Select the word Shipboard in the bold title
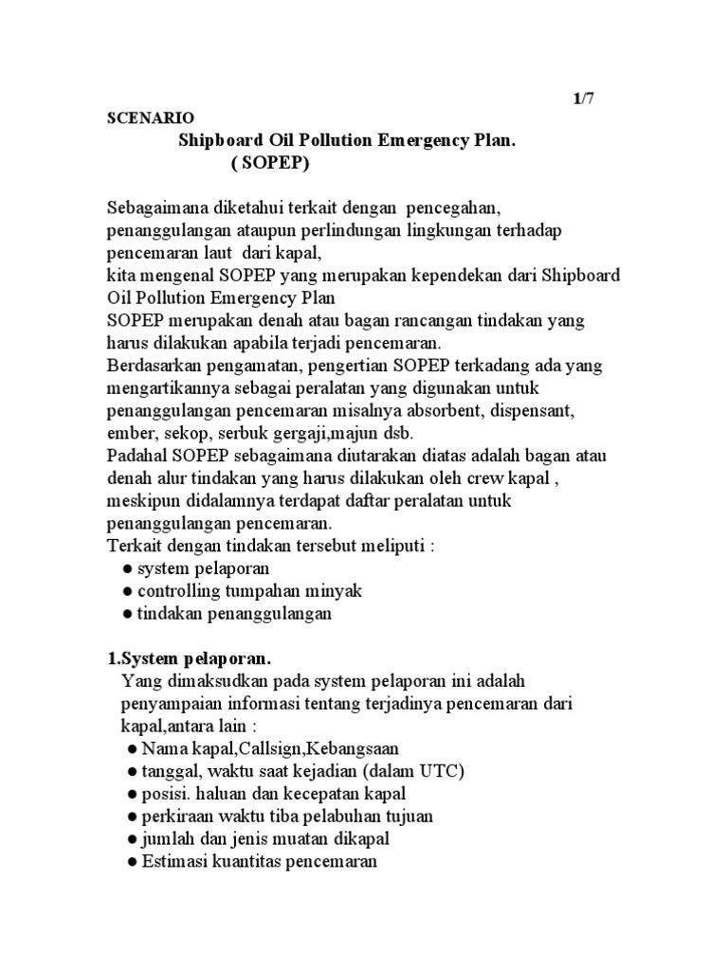click(224, 140)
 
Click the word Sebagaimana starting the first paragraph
click(156, 207)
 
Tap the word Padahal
click(137, 456)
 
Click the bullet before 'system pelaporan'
click(127, 569)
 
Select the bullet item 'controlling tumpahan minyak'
click(249, 591)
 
